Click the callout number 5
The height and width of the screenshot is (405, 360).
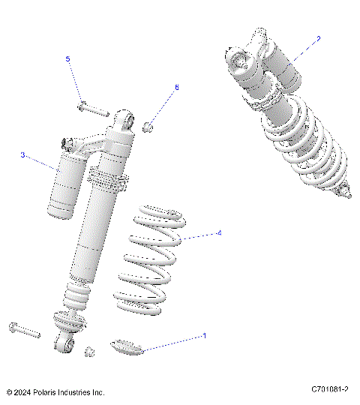(67, 58)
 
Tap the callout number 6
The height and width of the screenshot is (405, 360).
(177, 88)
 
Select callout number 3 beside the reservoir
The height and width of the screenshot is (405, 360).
(23, 155)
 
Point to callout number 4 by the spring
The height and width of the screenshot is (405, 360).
(218, 233)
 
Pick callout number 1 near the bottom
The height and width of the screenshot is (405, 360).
(203, 337)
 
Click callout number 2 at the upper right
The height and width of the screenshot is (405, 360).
(318, 37)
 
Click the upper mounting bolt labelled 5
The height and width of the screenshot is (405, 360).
(90, 109)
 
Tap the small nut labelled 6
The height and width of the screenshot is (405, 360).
(148, 124)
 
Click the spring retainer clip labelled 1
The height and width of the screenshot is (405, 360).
(124, 346)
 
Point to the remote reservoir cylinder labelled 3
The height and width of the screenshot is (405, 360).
(65, 184)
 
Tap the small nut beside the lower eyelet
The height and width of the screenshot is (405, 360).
(90, 351)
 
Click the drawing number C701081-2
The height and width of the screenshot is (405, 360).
(330, 390)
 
